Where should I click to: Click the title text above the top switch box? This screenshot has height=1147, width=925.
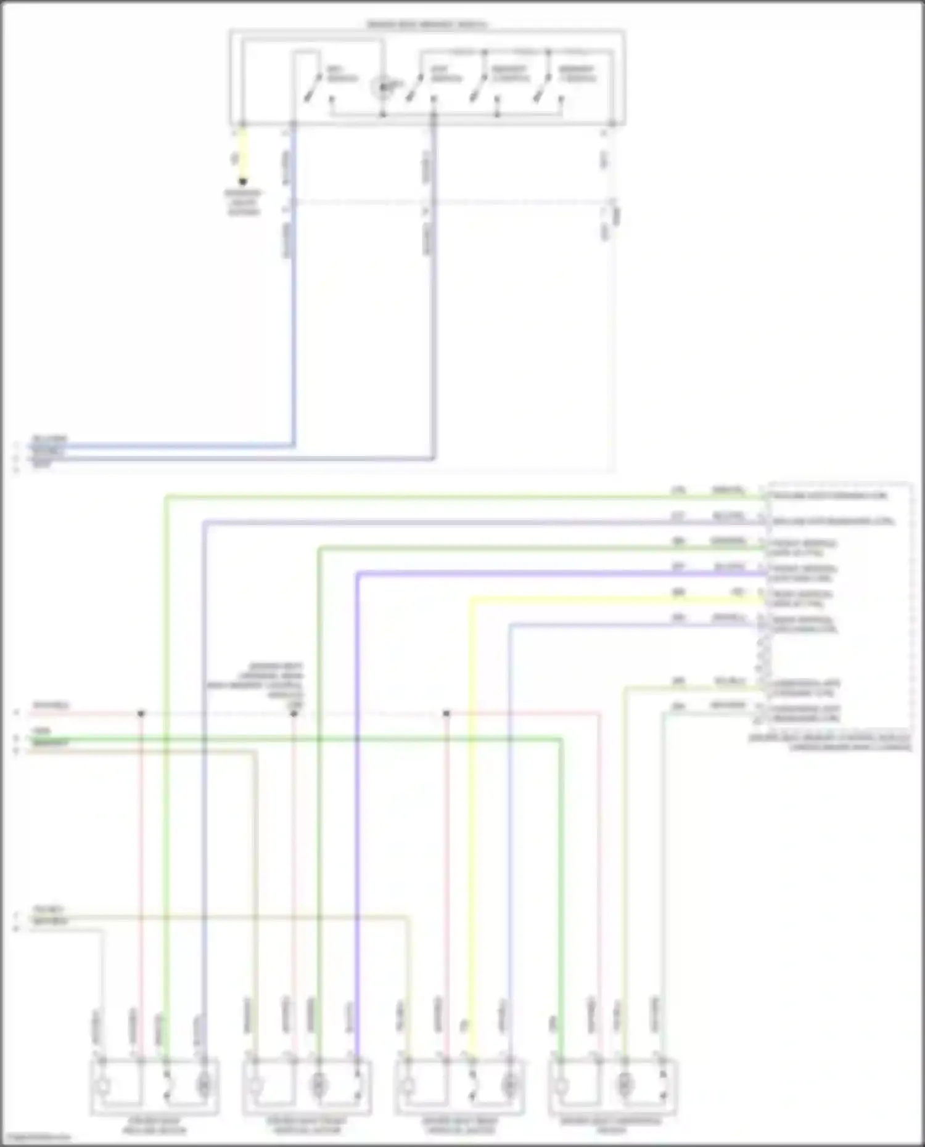pyautogui.click(x=427, y=25)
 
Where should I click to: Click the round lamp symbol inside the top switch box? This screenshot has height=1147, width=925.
pyautogui.click(x=382, y=87)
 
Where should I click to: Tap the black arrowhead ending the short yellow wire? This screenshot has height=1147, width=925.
pyautogui.click(x=243, y=182)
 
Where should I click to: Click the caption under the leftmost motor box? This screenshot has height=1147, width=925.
pyautogui.click(x=154, y=1125)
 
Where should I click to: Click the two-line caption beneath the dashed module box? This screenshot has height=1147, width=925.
pyautogui.click(x=829, y=741)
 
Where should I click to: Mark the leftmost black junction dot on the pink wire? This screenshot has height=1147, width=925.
pyautogui.click(x=141, y=713)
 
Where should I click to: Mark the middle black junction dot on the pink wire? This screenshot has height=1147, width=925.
pyautogui.click(x=294, y=713)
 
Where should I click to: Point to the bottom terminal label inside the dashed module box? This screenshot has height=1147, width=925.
pyautogui.click(x=805, y=713)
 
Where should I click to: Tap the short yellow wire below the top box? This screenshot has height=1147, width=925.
pyautogui.click(x=243, y=154)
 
